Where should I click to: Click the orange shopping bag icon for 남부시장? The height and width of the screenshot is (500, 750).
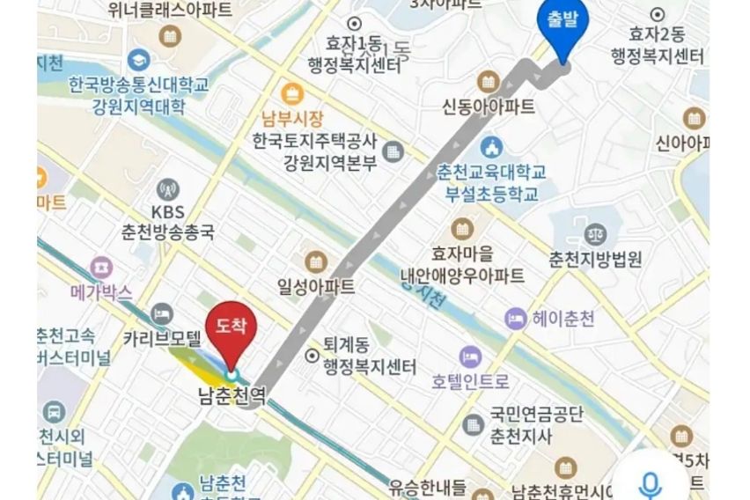(291, 93)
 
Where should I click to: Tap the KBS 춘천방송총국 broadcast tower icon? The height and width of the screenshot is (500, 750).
(167, 189)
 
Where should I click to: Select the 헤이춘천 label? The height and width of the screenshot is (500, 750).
(562, 319)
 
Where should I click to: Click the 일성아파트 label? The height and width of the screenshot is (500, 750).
(315, 287)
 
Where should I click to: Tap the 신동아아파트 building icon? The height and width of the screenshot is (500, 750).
(489, 82)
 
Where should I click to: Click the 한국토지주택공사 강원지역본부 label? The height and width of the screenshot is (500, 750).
(314, 151)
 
